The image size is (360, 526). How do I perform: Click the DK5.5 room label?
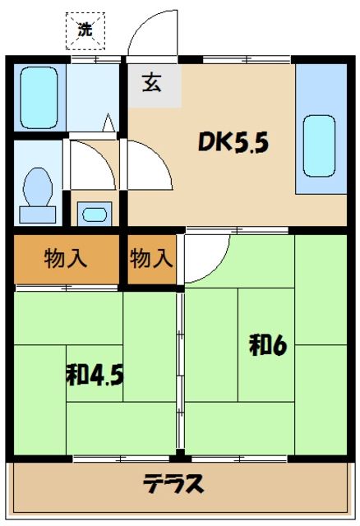[x=232, y=143]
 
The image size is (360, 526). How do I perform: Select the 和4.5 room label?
[x=95, y=376]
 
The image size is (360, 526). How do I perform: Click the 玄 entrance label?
[x=152, y=83]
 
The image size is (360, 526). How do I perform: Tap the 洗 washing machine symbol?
[x=85, y=31]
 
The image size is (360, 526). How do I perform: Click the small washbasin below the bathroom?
[x=95, y=215]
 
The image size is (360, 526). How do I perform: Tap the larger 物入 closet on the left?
[x=66, y=259]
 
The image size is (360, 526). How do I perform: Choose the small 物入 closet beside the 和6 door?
[x=152, y=259]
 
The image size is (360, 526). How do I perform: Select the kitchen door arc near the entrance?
[x=148, y=164]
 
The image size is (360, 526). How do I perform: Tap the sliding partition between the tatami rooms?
[x=179, y=370]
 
